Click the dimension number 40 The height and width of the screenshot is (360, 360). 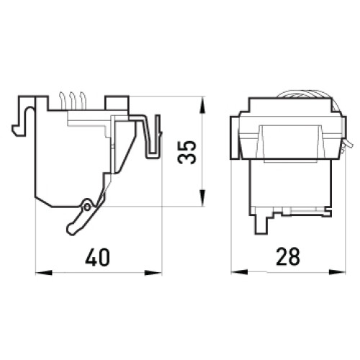pos(97,257)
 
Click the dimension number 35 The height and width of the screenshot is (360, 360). pos(186,152)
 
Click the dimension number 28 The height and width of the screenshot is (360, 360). pos(288,257)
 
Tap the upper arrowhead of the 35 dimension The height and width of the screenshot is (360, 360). pos(203,105)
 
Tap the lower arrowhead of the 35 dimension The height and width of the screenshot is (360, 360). pos(203,198)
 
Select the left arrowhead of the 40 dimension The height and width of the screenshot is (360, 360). pos(44,273)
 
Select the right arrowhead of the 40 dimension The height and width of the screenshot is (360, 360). pos(153,273)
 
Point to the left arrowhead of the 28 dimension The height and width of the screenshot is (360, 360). pos(239,272)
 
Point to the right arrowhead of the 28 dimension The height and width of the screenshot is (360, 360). pos(337,272)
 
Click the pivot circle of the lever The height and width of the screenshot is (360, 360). pos(87,207)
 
